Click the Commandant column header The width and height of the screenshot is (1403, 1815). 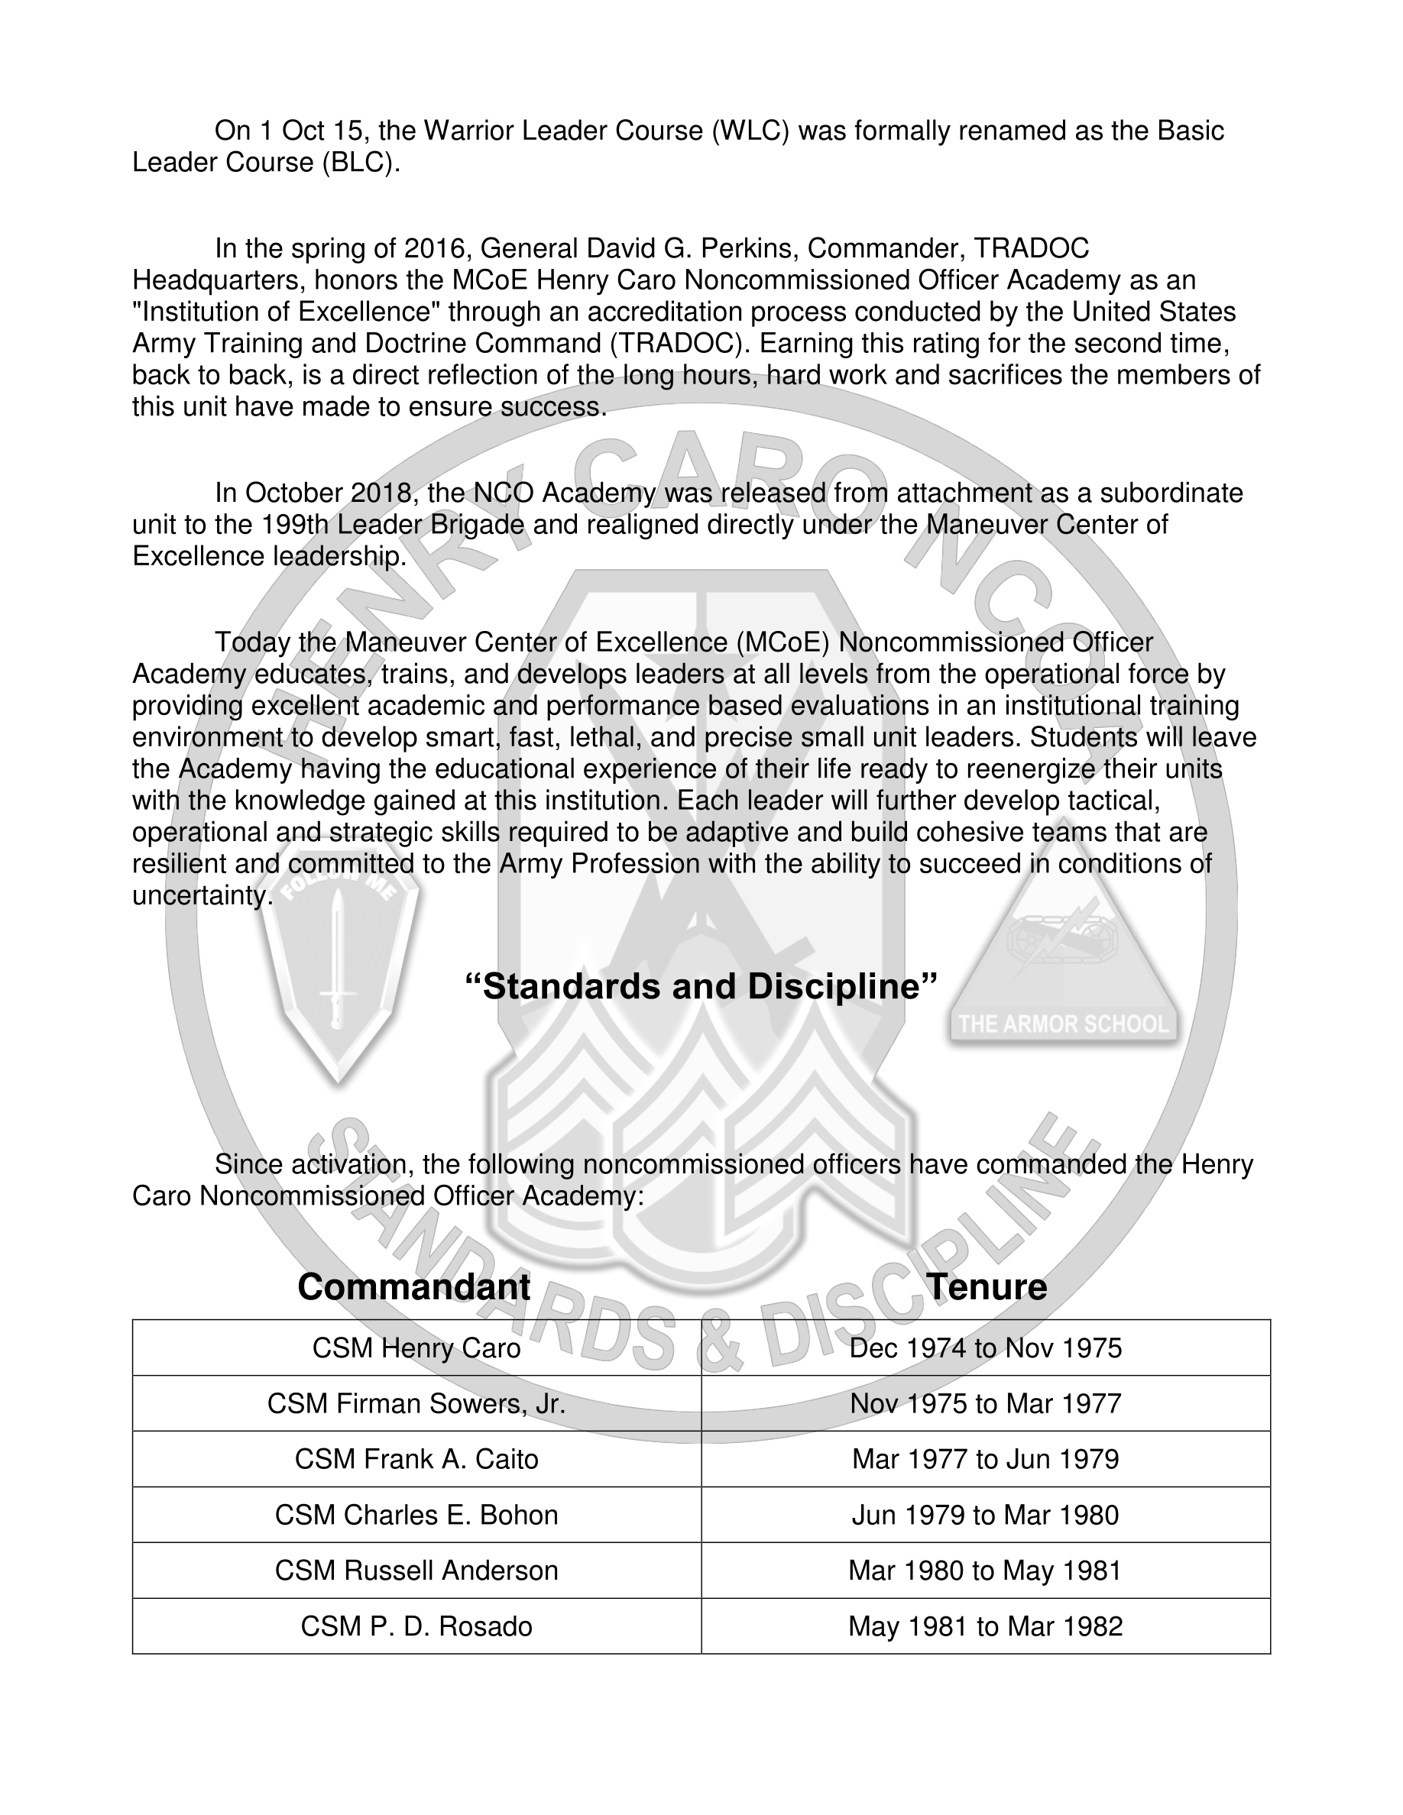click(x=413, y=1287)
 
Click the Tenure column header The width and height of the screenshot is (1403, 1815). click(x=986, y=1287)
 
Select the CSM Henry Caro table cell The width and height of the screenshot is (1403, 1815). click(x=416, y=1348)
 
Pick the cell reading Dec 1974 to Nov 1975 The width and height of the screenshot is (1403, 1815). click(x=986, y=1348)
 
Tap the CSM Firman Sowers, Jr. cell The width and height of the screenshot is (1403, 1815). click(x=416, y=1403)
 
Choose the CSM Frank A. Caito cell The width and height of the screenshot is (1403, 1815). click(x=416, y=1459)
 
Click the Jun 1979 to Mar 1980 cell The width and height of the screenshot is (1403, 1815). click(x=986, y=1515)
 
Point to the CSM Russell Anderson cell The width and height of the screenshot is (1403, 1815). click(x=416, y=1571)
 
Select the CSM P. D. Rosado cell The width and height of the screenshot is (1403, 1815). click(x=416, y=1626)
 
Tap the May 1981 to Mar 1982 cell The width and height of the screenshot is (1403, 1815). click(x=986, y=1626)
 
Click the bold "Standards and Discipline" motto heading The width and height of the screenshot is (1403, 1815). click(x=701, y=986)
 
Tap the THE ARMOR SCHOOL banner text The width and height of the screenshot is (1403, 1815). click(x=1063, y=1024)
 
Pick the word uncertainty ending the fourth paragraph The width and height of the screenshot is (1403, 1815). click(x=202, y=896)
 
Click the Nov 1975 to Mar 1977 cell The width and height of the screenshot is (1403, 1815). click(x=986, y=1403)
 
